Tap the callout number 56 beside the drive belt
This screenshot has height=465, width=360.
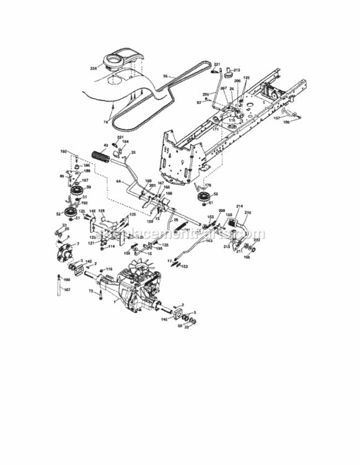[165, 76]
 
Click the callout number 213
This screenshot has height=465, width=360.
[235, 71]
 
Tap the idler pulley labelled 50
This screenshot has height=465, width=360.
[78, 188]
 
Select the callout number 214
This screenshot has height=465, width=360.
[240, 206]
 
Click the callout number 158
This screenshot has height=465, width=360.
[102, 211]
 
